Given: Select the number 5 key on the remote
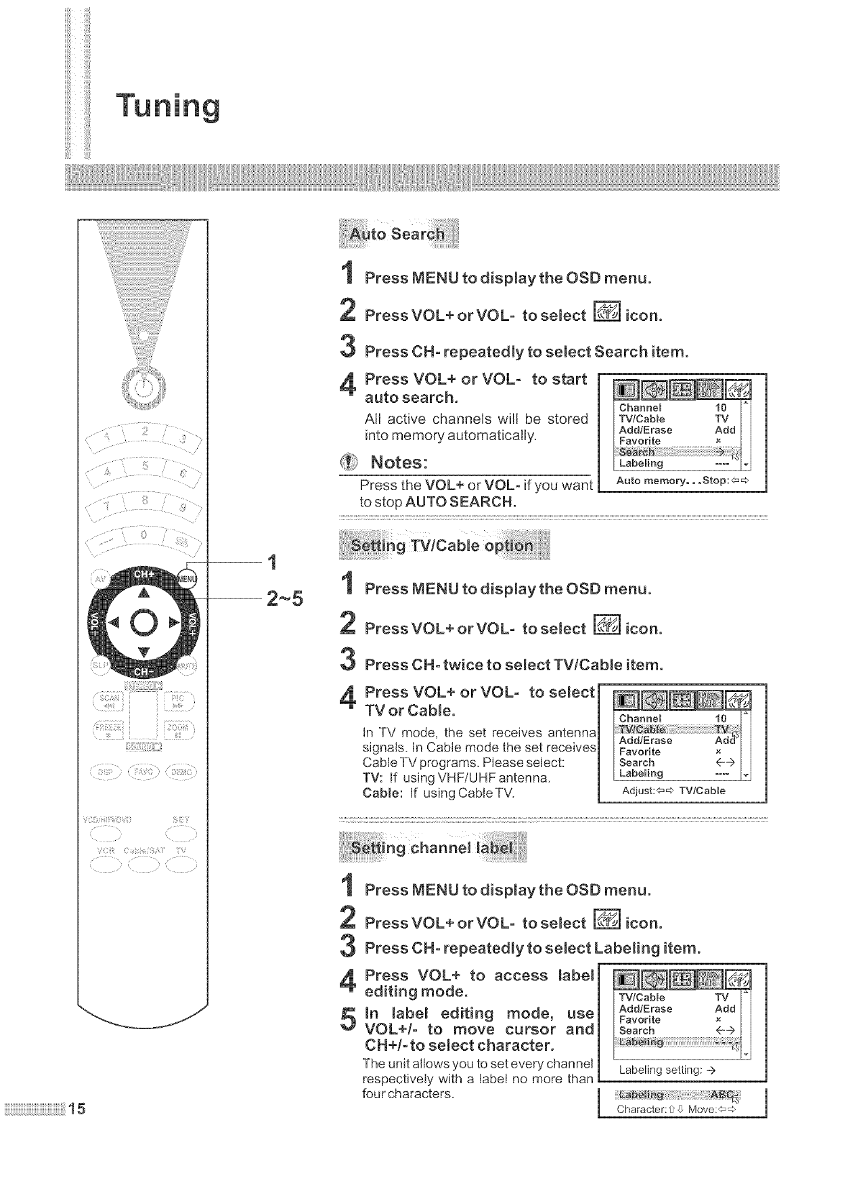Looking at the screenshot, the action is (143, 467).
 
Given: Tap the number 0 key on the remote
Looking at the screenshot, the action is (142, 535).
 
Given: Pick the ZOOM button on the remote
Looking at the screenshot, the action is (181, 730).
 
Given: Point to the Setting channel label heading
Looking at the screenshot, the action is (433, 848).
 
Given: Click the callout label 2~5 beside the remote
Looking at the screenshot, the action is (285, 598).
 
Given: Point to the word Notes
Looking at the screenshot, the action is (395, 463).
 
